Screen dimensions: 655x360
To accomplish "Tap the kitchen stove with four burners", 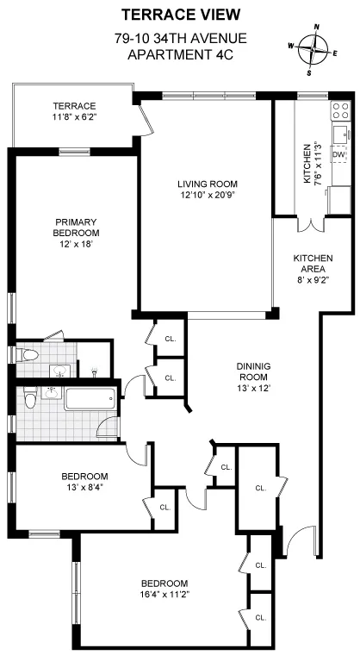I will (340, 109).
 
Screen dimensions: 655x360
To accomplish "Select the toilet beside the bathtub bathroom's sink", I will (30, 399).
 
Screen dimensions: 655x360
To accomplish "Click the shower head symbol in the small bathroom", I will (93, 370).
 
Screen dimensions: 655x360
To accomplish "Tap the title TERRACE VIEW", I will (180, 14).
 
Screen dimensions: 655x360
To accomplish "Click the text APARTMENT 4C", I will (180, 54).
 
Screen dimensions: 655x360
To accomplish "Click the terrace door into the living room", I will (147, 125).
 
